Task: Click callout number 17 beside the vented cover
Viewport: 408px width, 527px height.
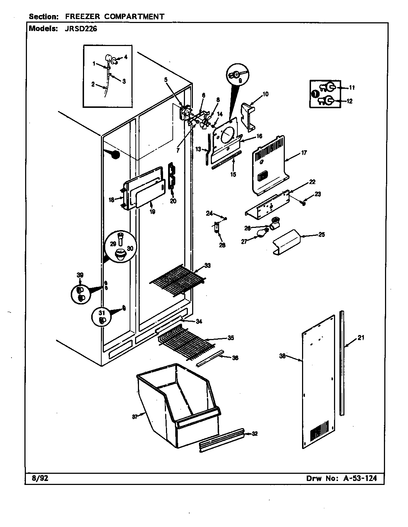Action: pos(304,153)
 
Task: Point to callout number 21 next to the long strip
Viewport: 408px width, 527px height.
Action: pos(361,338)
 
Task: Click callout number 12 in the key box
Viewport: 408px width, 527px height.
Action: pos(349,101)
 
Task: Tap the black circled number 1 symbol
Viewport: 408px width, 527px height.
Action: pos(314,94)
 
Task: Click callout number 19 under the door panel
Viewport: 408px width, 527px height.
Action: pos(152,212)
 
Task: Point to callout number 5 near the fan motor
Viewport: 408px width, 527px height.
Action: pos(166,80)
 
